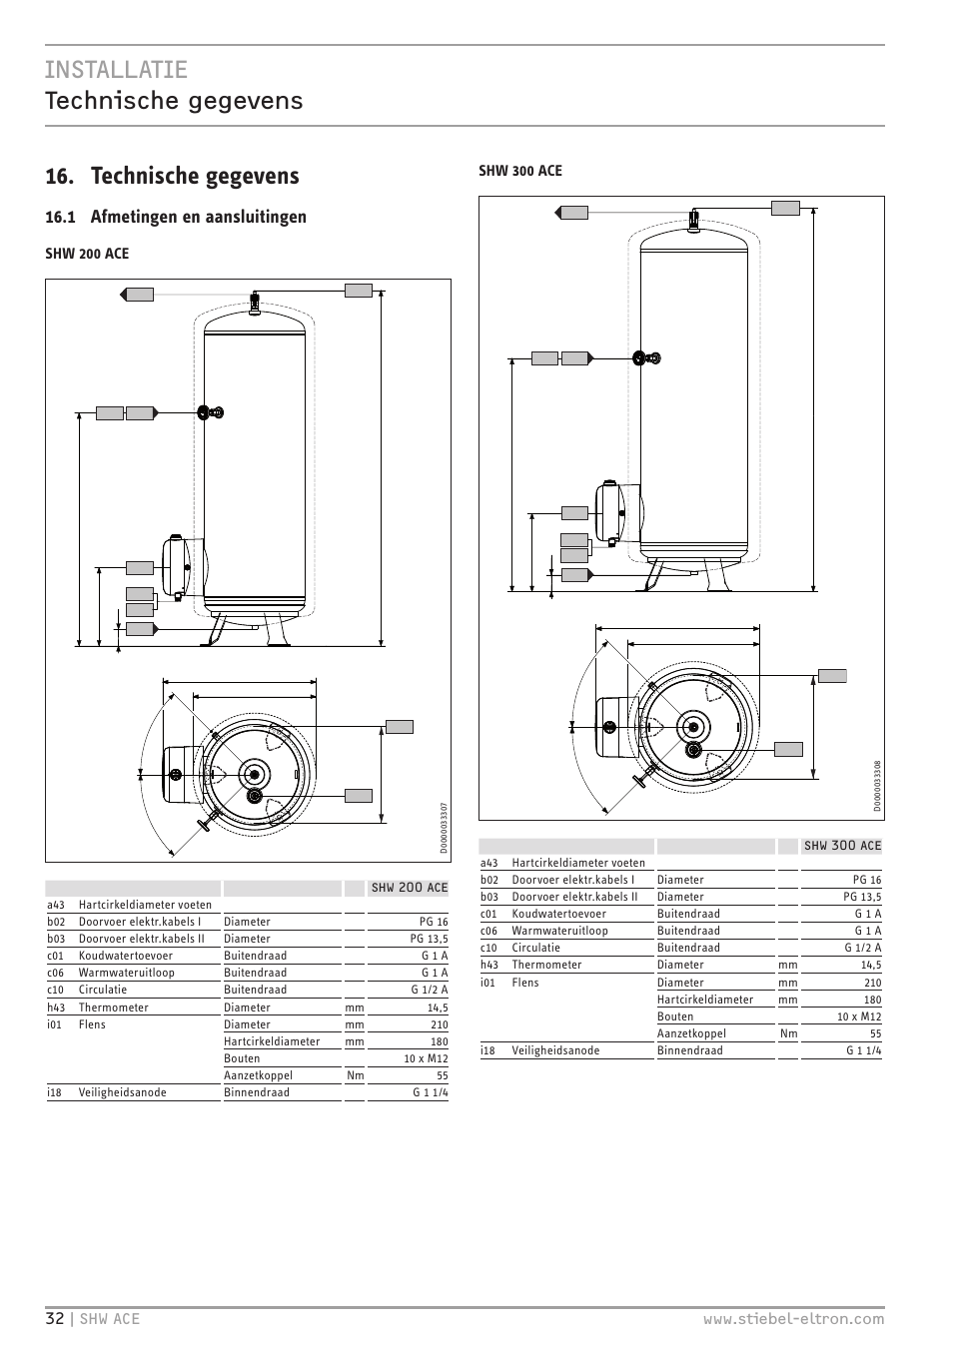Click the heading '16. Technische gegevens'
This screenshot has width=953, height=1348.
(x=172, y=176)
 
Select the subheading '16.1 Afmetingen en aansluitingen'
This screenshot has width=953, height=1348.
(x=176, y=217)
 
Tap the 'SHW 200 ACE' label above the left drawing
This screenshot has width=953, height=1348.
(x=87, y=254)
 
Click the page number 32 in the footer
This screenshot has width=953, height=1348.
(x=54, y=1318)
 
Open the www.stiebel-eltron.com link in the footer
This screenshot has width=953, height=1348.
(x=793, y=1318)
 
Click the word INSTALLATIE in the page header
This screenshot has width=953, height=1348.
(x=116, y=69)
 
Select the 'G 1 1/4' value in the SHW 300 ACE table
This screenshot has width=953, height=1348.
(x=862, y=1050)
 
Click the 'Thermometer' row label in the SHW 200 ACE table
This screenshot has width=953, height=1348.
(x=113, y=1008)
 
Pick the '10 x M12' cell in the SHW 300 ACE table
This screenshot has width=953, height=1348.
(x=859, y=1016)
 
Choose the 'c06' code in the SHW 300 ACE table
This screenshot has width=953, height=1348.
(x=488, y=931)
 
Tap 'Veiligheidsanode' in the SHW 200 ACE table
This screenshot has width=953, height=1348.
(x=123, y=1092)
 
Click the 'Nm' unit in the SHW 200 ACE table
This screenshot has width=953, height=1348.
(x=355, y=1075)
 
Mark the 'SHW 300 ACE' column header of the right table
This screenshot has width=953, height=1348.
(x=842, y=846)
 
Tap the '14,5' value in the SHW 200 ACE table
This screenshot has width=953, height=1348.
(x=438, y=1008)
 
